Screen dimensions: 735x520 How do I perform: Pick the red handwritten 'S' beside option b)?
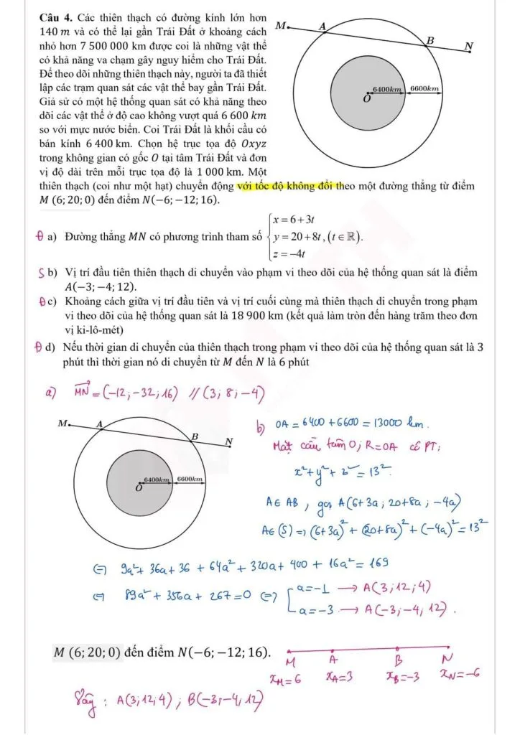(x=42, y=273)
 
